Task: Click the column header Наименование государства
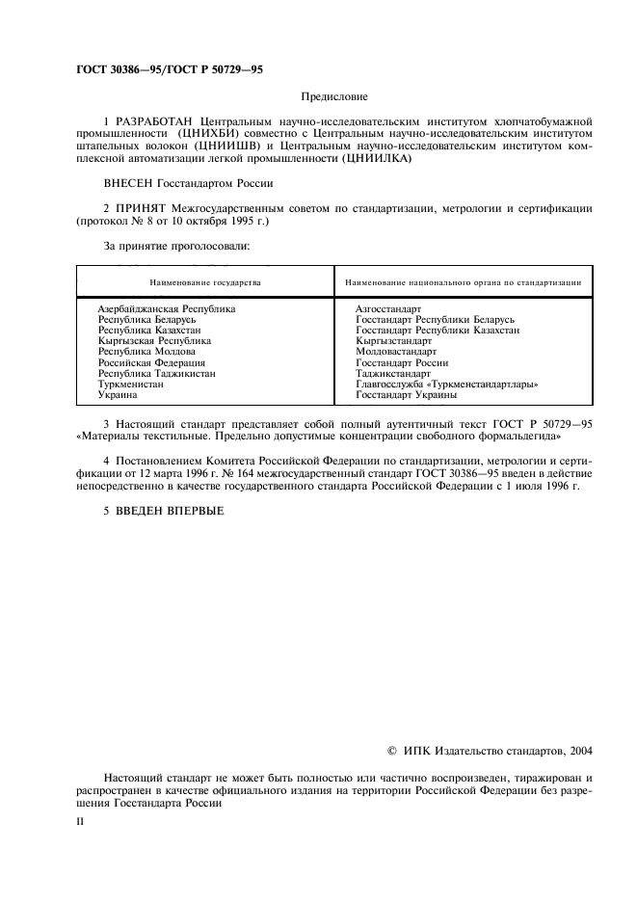click(x=204, y=283)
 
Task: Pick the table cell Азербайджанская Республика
click(x=166, y=308)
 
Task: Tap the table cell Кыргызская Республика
click(x=154, y=340)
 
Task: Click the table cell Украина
click(x=118, y=394)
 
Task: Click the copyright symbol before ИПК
click(x=390, y=749)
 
